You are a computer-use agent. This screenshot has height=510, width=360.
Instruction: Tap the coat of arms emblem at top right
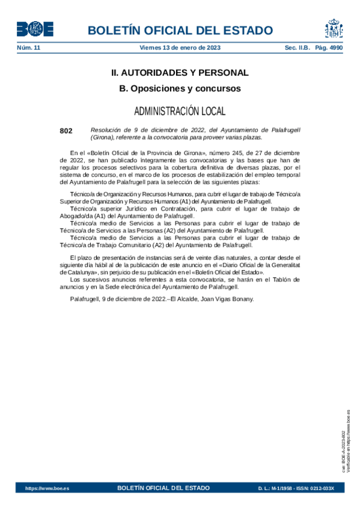pyautogui.click(x=334, y=28)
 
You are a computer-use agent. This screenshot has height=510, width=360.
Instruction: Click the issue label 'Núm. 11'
pyautogui.click(x=28, y=48)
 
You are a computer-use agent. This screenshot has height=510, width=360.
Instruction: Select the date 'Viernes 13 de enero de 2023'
pyautogui.click(x=179, y=48)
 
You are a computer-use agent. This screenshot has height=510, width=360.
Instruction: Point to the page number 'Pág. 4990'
pyautogui.click(x=327, y=48)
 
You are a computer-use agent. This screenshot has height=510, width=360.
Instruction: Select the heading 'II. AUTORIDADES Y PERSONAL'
pyautogui.click(x=180, y=73)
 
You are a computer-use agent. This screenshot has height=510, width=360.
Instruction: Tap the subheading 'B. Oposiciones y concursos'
pyautogui.click(x=180, y=88)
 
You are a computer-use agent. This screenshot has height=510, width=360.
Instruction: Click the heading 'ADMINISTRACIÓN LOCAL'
pyautogui.click(x=180, y=111)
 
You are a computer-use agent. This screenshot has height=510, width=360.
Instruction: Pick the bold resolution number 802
pyautogui.click(x=66, y=130)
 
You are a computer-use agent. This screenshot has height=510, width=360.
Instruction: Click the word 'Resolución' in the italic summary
pyautogui.click(x=106, y=130)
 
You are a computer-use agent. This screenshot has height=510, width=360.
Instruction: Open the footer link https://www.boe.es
pyautogui.click(x=47, y=488)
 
